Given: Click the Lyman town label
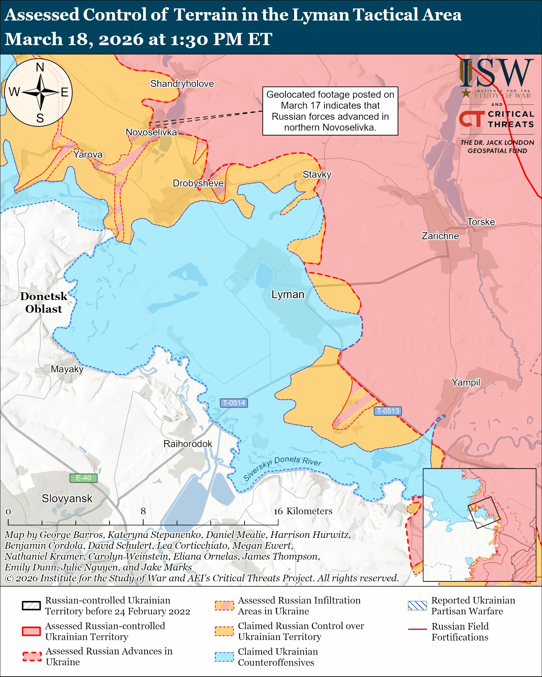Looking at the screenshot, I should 288,294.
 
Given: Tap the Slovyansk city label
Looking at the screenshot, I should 67,498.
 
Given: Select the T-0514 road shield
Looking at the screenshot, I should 234,403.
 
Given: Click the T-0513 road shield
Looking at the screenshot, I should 388,411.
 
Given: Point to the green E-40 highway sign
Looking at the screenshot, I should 83,478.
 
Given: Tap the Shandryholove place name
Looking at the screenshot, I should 182,84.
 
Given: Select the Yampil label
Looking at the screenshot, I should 466,382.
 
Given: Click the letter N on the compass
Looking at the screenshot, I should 40,67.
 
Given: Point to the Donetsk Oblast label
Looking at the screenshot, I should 44,302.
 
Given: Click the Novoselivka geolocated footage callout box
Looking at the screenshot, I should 330,111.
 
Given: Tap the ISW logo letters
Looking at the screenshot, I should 496,73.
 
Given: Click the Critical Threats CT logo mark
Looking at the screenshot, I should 472,119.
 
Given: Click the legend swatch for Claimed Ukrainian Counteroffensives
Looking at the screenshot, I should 224,656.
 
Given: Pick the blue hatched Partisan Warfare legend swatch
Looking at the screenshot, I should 417,605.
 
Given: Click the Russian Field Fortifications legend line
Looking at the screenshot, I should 417,629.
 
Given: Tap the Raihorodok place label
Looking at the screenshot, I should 188,444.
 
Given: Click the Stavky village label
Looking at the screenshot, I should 317,174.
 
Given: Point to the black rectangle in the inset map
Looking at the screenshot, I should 483,512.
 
